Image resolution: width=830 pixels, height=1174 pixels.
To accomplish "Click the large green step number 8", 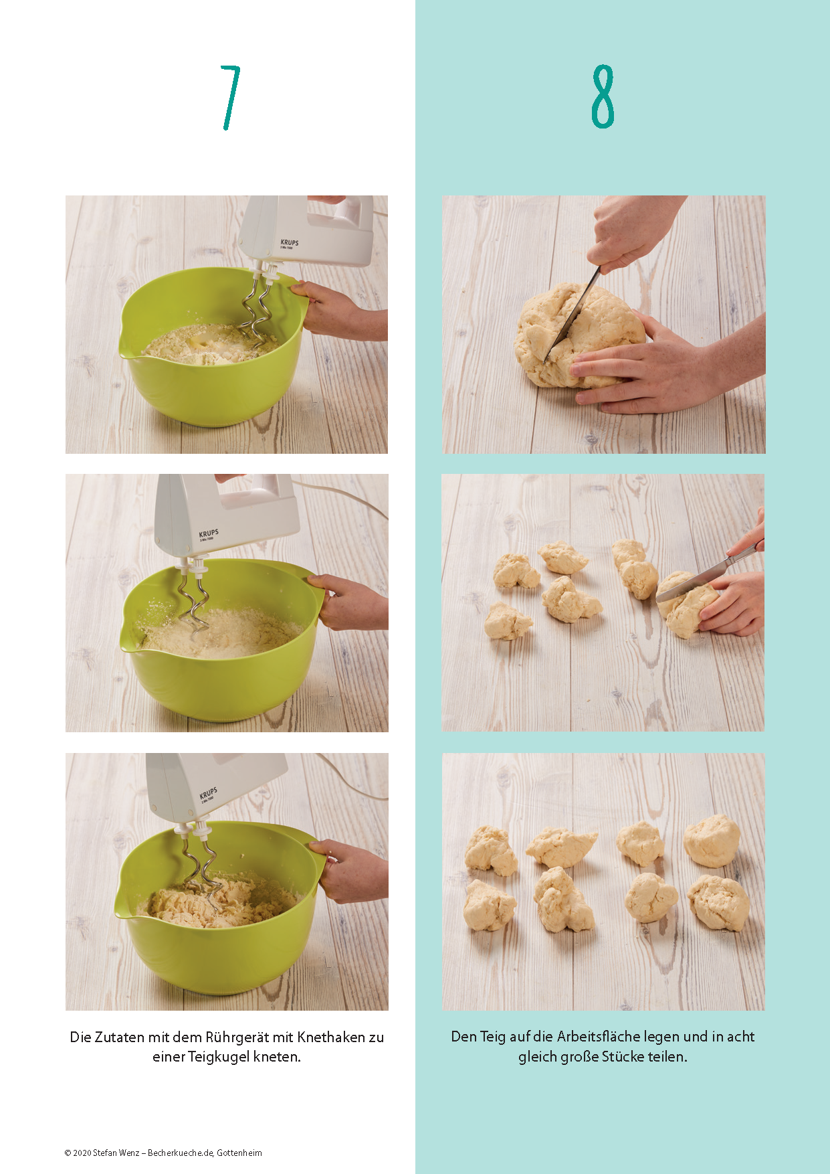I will [x=603, y=96].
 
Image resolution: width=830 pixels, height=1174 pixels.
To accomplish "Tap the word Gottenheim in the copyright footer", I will [x=239, y=1153].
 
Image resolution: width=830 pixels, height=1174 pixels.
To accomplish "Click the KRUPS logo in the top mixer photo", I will [x=290, y=242].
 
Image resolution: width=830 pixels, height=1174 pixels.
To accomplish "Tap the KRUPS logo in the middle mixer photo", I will [x=208, y=533].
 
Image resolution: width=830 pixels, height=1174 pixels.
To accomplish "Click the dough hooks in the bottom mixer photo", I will [x=201, y=870].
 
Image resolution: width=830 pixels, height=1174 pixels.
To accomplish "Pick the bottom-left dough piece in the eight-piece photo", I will [x=490, y=906].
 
